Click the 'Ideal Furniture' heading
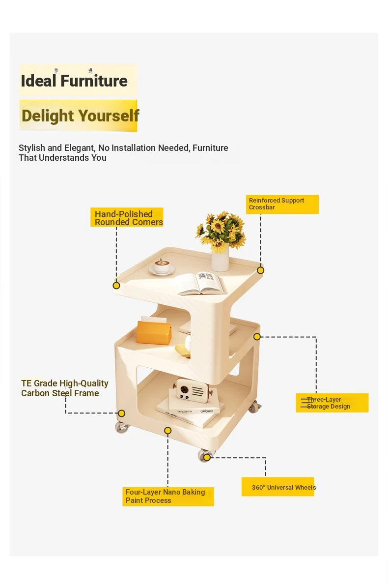[74, 81]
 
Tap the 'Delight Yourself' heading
[80, 116]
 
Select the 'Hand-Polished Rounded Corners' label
[127, 217]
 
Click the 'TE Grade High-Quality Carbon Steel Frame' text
[65, 388]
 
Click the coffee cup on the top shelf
[162, 266]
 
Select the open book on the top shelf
[201, 283]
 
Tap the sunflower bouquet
[221, 231]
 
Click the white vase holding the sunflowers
[221, 259]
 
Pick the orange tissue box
[154, 331]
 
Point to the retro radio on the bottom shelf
[193, 390]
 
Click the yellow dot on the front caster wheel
[207, 457]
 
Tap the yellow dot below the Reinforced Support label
[261, 270]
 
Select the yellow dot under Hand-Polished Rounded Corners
[116, 286]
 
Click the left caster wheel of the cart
[122, 427]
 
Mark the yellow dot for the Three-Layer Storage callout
[257, 337]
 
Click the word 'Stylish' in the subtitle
[32, 148]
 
